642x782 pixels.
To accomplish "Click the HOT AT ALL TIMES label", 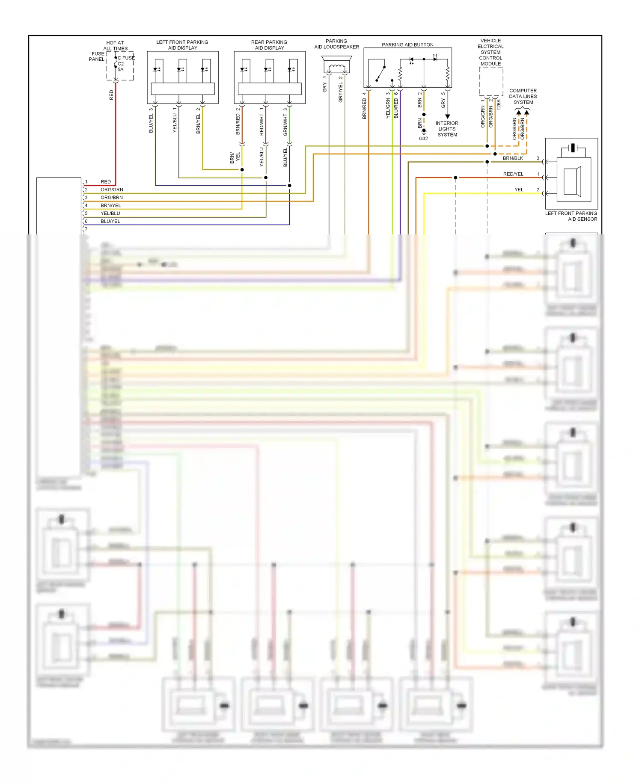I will coord(115,46).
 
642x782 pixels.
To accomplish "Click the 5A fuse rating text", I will coord(121,69).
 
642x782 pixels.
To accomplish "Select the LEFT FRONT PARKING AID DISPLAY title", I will coord(182,45).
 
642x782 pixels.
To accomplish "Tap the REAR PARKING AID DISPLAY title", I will coord(269,45).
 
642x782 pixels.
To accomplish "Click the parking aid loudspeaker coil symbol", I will coord(336,67).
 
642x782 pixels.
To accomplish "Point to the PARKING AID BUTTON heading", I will coord(407,44).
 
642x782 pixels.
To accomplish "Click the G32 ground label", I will coord(423,139).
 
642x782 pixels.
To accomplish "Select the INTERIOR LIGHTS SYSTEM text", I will coord(447,129).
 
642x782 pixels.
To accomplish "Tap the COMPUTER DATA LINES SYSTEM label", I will coord(523,96).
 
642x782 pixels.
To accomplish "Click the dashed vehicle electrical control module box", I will coord(490,81).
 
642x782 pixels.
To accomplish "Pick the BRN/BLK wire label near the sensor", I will coord(513,158).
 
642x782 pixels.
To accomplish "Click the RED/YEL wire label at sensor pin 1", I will coord(513,174).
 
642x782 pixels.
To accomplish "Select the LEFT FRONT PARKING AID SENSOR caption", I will coord(571,216).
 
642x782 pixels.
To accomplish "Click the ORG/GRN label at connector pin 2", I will coord(112,190).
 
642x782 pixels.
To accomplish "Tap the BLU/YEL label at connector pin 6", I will coord(110,221).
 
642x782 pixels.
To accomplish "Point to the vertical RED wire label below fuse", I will coord(111,95).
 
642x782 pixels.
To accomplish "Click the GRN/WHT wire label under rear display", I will coord(285,125).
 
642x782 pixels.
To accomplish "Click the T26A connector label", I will coord(499,105).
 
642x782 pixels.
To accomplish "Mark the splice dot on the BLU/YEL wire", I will coord(289,185).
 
